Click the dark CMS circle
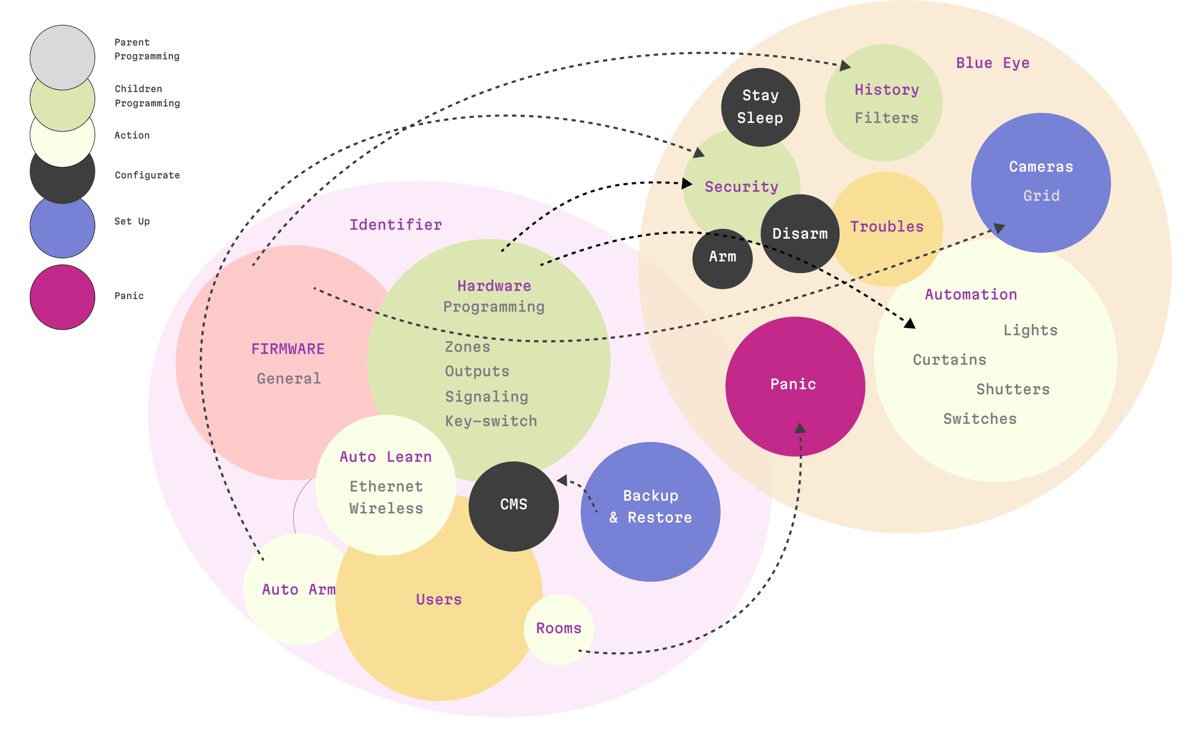(x=514, y=506)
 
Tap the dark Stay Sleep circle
(x=760, y=107)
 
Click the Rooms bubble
(x=559, y=629)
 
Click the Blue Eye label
(x=993, y=63)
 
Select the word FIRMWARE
(x=288, y=349)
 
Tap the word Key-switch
(x=491, y=421)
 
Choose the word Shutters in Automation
(x=1013, y=389)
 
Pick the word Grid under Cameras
(x=1041, y=196)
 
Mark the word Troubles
(x=887, y=227)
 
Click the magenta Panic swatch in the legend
(x=62, y=297)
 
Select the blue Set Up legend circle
(x=62, y=225)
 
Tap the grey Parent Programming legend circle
(x=62, y=57)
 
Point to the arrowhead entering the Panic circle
(x=800, y=428)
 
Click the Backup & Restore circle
(x=650, y=511)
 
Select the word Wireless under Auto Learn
(x=386, y=508)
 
